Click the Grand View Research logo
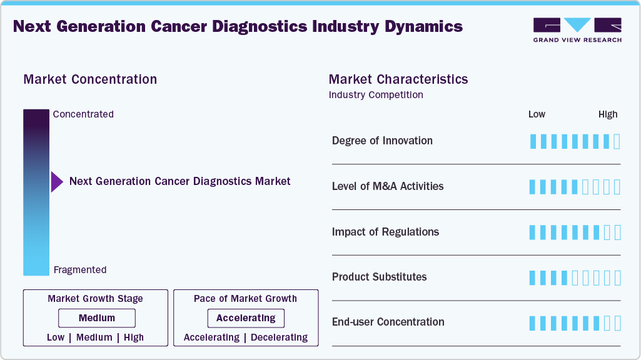pos(577,30)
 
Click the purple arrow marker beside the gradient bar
pos(57,182)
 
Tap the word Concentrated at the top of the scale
pos(83,114)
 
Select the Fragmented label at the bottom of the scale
pos(80,270)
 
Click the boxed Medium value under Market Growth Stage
pos(97,318)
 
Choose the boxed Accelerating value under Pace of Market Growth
pos(246,318)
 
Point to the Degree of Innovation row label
pos(382,141)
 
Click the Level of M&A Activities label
pos(388,186)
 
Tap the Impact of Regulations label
pos(385,232)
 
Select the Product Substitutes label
pos(379,277)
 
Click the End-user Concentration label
pos(388,322)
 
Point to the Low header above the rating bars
pos(537,114)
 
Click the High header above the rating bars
pos(607,114)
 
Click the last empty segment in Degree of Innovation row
pos(617,141)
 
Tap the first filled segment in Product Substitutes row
pos(533,277)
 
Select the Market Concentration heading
pos(90,79)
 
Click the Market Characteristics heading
pos(398,79)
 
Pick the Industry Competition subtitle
pos(376,95)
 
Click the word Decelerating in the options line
pos(279,337)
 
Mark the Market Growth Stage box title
pos(95,299)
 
